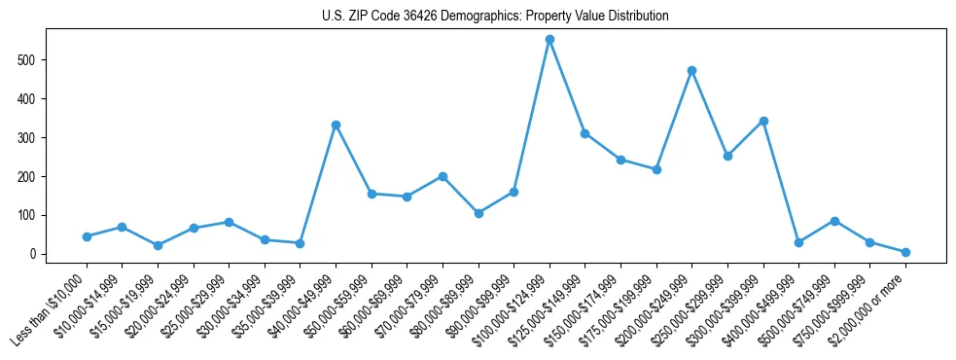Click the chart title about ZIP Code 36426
(495, 17)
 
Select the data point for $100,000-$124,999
(549, 40)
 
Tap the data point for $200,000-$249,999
(691, 71)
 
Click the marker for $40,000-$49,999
(336, 126)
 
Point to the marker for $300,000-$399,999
(763, 121)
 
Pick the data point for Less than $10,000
(87, 236)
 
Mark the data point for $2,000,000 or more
(905, 252)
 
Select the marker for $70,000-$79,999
(443, 176)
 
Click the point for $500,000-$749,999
(834, 221)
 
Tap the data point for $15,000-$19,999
(158, 245)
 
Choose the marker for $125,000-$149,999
(584, 133)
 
